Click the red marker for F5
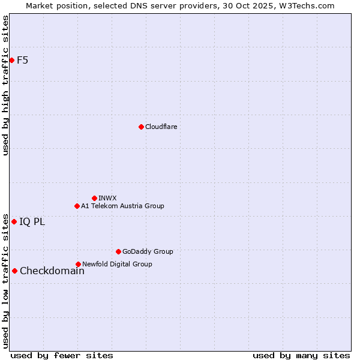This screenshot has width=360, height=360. (11, 60)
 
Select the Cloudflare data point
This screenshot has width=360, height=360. (141, 127)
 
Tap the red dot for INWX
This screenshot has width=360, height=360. (94, 198)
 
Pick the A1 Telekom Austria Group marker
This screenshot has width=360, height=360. (77, 206)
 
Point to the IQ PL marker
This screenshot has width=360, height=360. (14, 221)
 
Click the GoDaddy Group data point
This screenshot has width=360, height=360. (118, 251)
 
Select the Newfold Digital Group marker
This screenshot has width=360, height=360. (78, 264)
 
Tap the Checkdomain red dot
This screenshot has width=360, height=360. (14, 271)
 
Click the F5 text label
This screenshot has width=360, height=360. (22, 60)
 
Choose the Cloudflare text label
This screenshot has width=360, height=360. (161, 127)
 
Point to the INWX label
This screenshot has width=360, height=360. (107, 198)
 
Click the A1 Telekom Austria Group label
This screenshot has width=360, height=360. (122, 206)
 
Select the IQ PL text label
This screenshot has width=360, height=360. (32, 221)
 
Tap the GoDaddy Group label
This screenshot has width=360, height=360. (148, 251)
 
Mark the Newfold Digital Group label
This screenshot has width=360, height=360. (117, 264)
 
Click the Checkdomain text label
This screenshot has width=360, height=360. (52, 271)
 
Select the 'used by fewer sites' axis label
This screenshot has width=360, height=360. (62, 355)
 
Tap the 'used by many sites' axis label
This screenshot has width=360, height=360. (301, 355)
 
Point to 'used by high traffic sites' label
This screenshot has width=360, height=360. (5, 85)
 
